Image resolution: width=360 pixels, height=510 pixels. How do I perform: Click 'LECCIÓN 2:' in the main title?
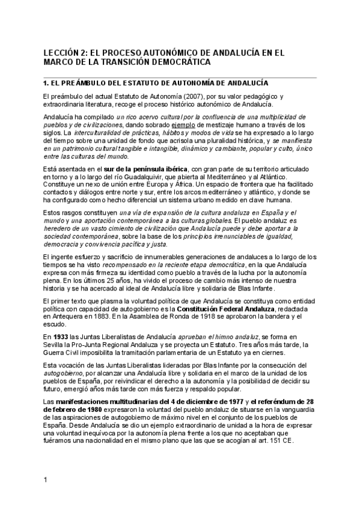pyautogui.click(x=64, y=52)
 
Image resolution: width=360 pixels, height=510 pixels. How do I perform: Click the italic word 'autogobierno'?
pyautogui.click(x=63, y=373)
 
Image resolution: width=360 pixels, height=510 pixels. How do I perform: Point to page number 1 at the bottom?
pyautogui.click(x=45, y=479)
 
